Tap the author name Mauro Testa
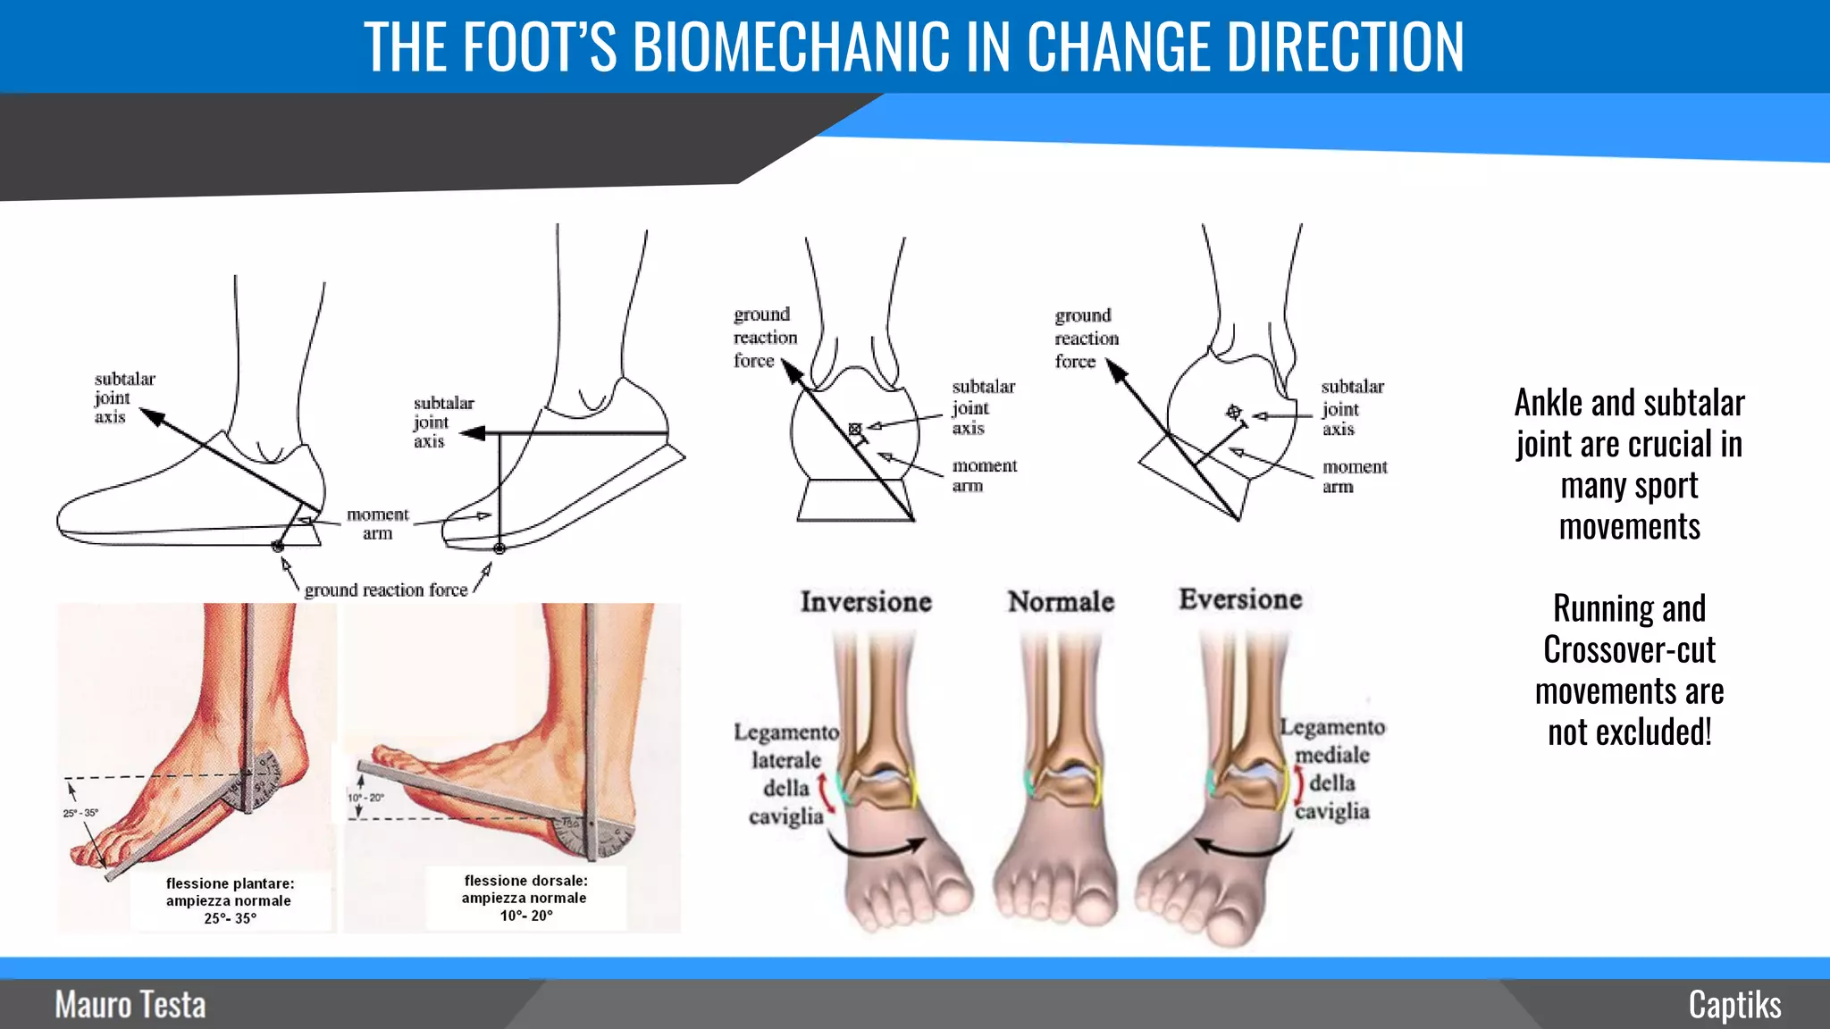(x=130, y=1005)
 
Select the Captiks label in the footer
(x=1734, y=1005)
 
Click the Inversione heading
(x=866, y=602)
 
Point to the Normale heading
(x=1061, y=602)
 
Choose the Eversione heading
(x=1240, y=599)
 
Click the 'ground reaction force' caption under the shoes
(x=386, y=590)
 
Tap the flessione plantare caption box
(x=230, y=900)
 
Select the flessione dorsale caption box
(x=525, y=898)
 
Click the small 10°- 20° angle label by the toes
(x=366, y=798)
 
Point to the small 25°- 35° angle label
(x=80, y=813)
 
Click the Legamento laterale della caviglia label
(x=785, y=774)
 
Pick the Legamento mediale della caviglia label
(x=1332, y=769)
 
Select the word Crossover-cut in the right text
(x=1629, y=650)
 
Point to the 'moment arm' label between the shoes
(x=377, y=523)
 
